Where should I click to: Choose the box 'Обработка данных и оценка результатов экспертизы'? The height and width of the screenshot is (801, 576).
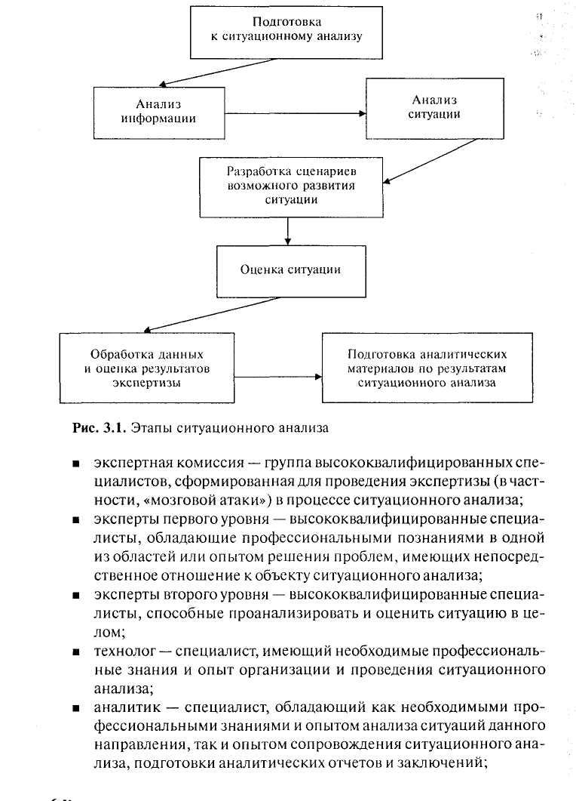(146, 368)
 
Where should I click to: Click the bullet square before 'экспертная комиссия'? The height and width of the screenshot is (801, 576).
(78, 461)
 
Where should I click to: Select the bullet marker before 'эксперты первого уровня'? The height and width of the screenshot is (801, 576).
(78, 520)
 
